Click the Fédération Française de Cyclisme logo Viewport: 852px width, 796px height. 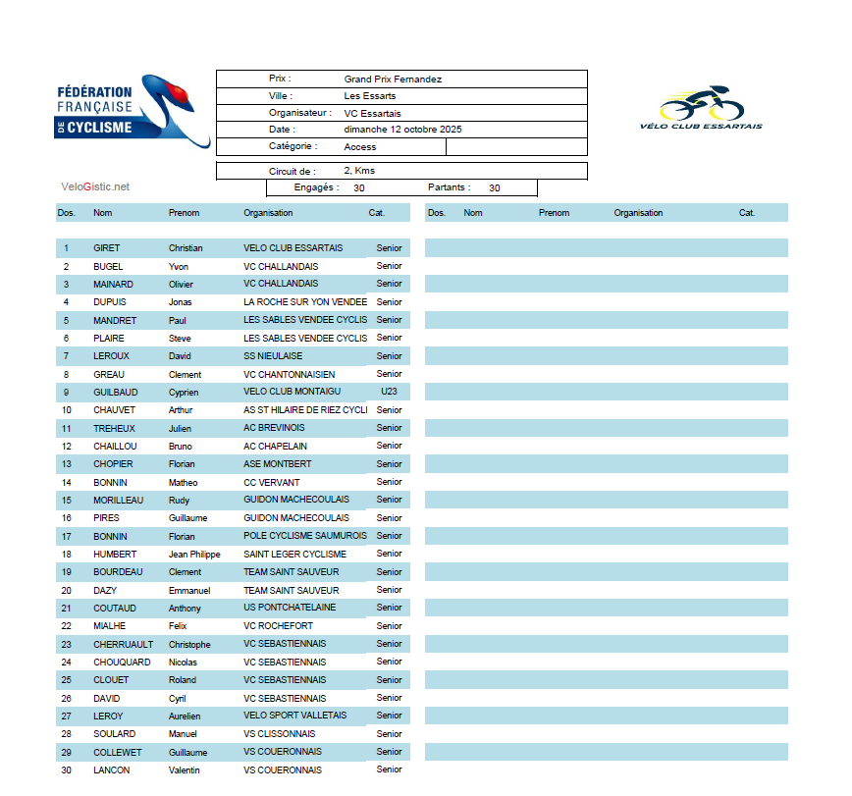pyautogui.click(x=132, y=111)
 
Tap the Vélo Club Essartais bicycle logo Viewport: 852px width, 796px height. pyautogui.click(x=701, y=108)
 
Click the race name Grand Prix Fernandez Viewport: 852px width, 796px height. pyautogui.click(x=393, y=79)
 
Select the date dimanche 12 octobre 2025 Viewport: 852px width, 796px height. pyautogui.click(x=402, y=130)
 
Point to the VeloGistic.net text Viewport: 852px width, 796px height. pyautogui.click(x=95, y=186)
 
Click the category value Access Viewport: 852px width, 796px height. pyautogui.click(x=360, y=147)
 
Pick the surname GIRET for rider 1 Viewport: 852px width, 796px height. pyautogui.click(x=107, y=248)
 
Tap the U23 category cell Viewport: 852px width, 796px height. pyautogui.click(x=389, y=392)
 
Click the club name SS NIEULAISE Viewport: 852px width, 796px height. pyautogui.click(x=273, y=356)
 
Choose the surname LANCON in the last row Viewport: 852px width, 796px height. pyautogui.click(x=111, y=770)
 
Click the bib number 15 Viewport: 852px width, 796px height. pyautogui.click(x=67, y=501)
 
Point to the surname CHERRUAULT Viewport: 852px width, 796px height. pyautogui.click(x=123, y=645)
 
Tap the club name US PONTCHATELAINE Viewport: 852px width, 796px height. pyautogui.click(x=290, y=609)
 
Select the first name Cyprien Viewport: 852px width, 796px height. pyautogui.click(x=184, y=393)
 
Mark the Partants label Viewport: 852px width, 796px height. pyautogui.click(x=449, y=187)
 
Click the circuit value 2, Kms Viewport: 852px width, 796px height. pyautogui.click(x=359, y=171)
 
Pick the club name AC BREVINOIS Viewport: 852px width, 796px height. pyautogui.click(x=274, y=429)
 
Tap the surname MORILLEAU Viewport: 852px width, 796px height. pyautogui.click(x=119, y=501)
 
